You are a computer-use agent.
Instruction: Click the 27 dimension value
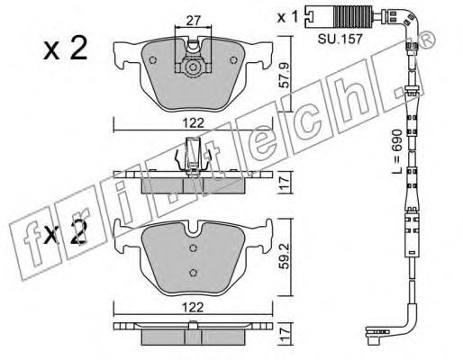coord(193,21)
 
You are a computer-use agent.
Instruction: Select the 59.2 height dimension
coord(286,256)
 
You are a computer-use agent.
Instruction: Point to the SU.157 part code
coord(340,39)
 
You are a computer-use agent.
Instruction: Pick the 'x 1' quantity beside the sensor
coord(287,17)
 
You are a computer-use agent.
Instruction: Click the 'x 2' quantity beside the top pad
coord(65,48)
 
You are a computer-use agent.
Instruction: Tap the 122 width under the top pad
coord(193,123)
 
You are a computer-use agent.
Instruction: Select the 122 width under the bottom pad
coord(193,307)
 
